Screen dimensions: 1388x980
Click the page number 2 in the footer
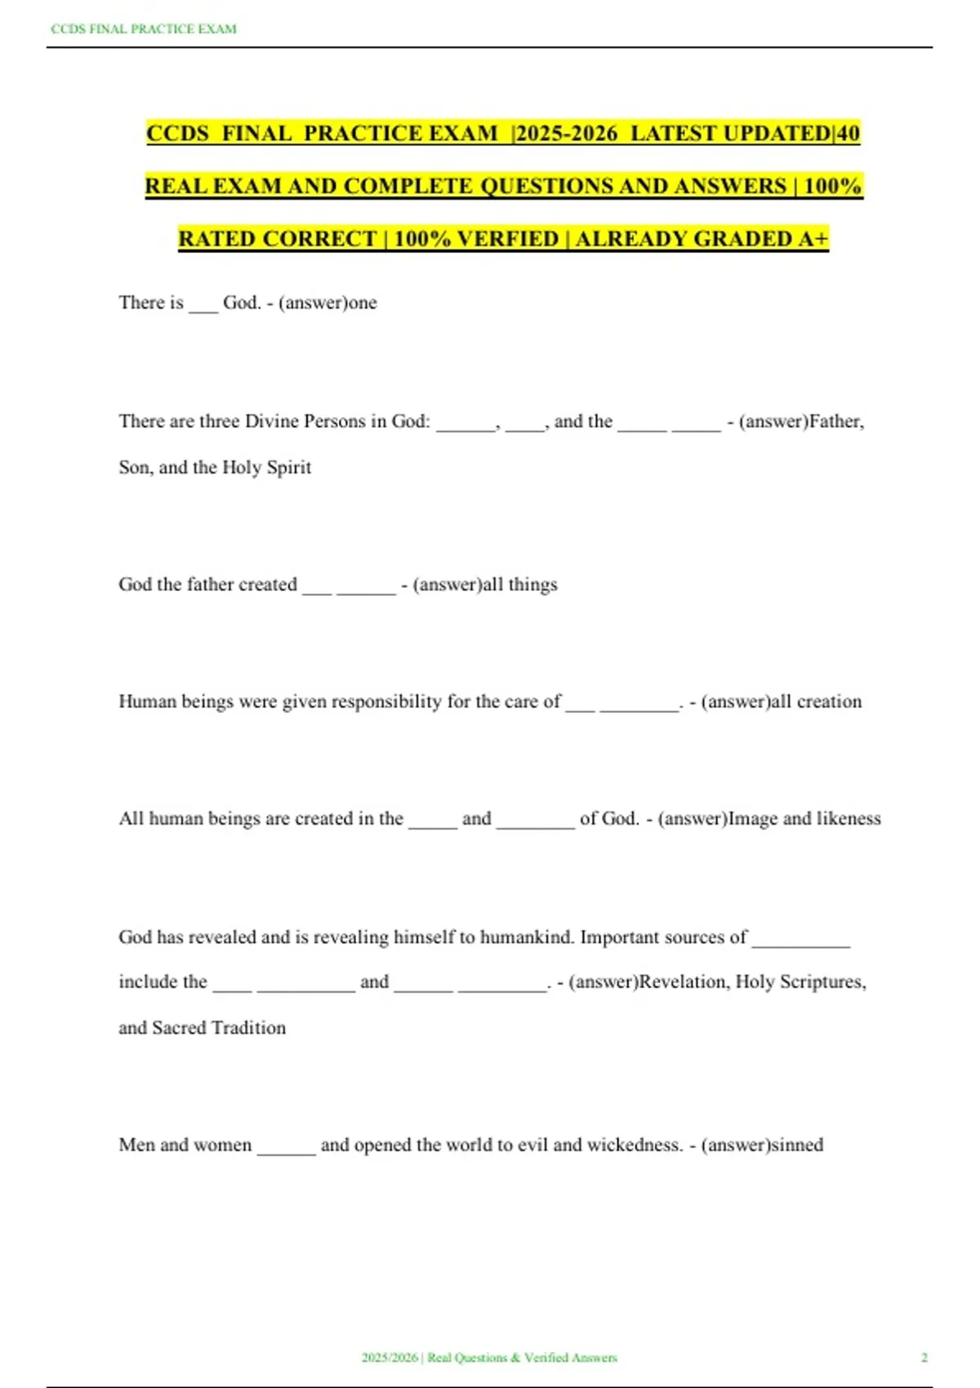[x=924, y=1358]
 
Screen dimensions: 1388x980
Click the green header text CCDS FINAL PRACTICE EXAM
[x=144, y=29]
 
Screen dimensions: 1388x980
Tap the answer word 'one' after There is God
[x=363, y=303]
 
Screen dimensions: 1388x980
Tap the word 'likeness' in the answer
[x=849, y=819]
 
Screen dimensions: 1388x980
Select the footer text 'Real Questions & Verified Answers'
[x=523, y=1358]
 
